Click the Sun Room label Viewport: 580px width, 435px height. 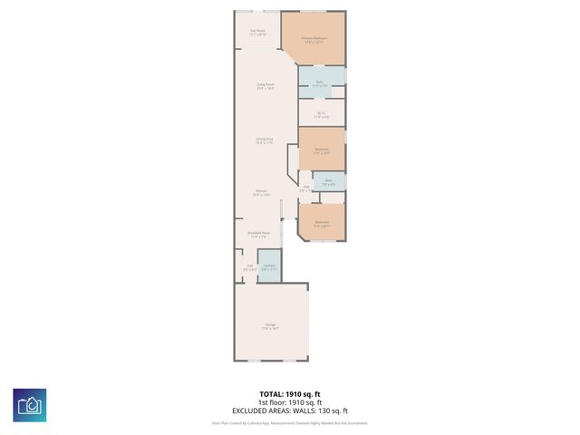click(257, 33)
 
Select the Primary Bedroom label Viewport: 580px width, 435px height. click(314, 40)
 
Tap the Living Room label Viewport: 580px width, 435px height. click(265, 86)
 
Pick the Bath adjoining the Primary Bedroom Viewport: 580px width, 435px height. click(319, 84)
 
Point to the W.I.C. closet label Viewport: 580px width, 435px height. click(321, 115)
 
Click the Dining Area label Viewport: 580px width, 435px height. click(264, 140)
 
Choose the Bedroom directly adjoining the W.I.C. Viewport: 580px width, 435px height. click(321, 151)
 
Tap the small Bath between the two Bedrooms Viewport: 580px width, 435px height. click(329, 182)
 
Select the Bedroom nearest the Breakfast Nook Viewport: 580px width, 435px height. click(321, 223)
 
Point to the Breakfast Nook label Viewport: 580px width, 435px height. click(257, 235)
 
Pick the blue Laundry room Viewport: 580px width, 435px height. click(269, 267)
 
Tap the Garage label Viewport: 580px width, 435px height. click(270, 326)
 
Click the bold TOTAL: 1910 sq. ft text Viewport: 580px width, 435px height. click(290, 394)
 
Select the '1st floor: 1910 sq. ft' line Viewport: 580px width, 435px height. click(290, 402)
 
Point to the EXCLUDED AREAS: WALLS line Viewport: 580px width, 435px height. click(290, 411)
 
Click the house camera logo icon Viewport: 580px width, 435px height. click(30, 404)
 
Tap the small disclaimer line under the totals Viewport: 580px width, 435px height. click(290, 422)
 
